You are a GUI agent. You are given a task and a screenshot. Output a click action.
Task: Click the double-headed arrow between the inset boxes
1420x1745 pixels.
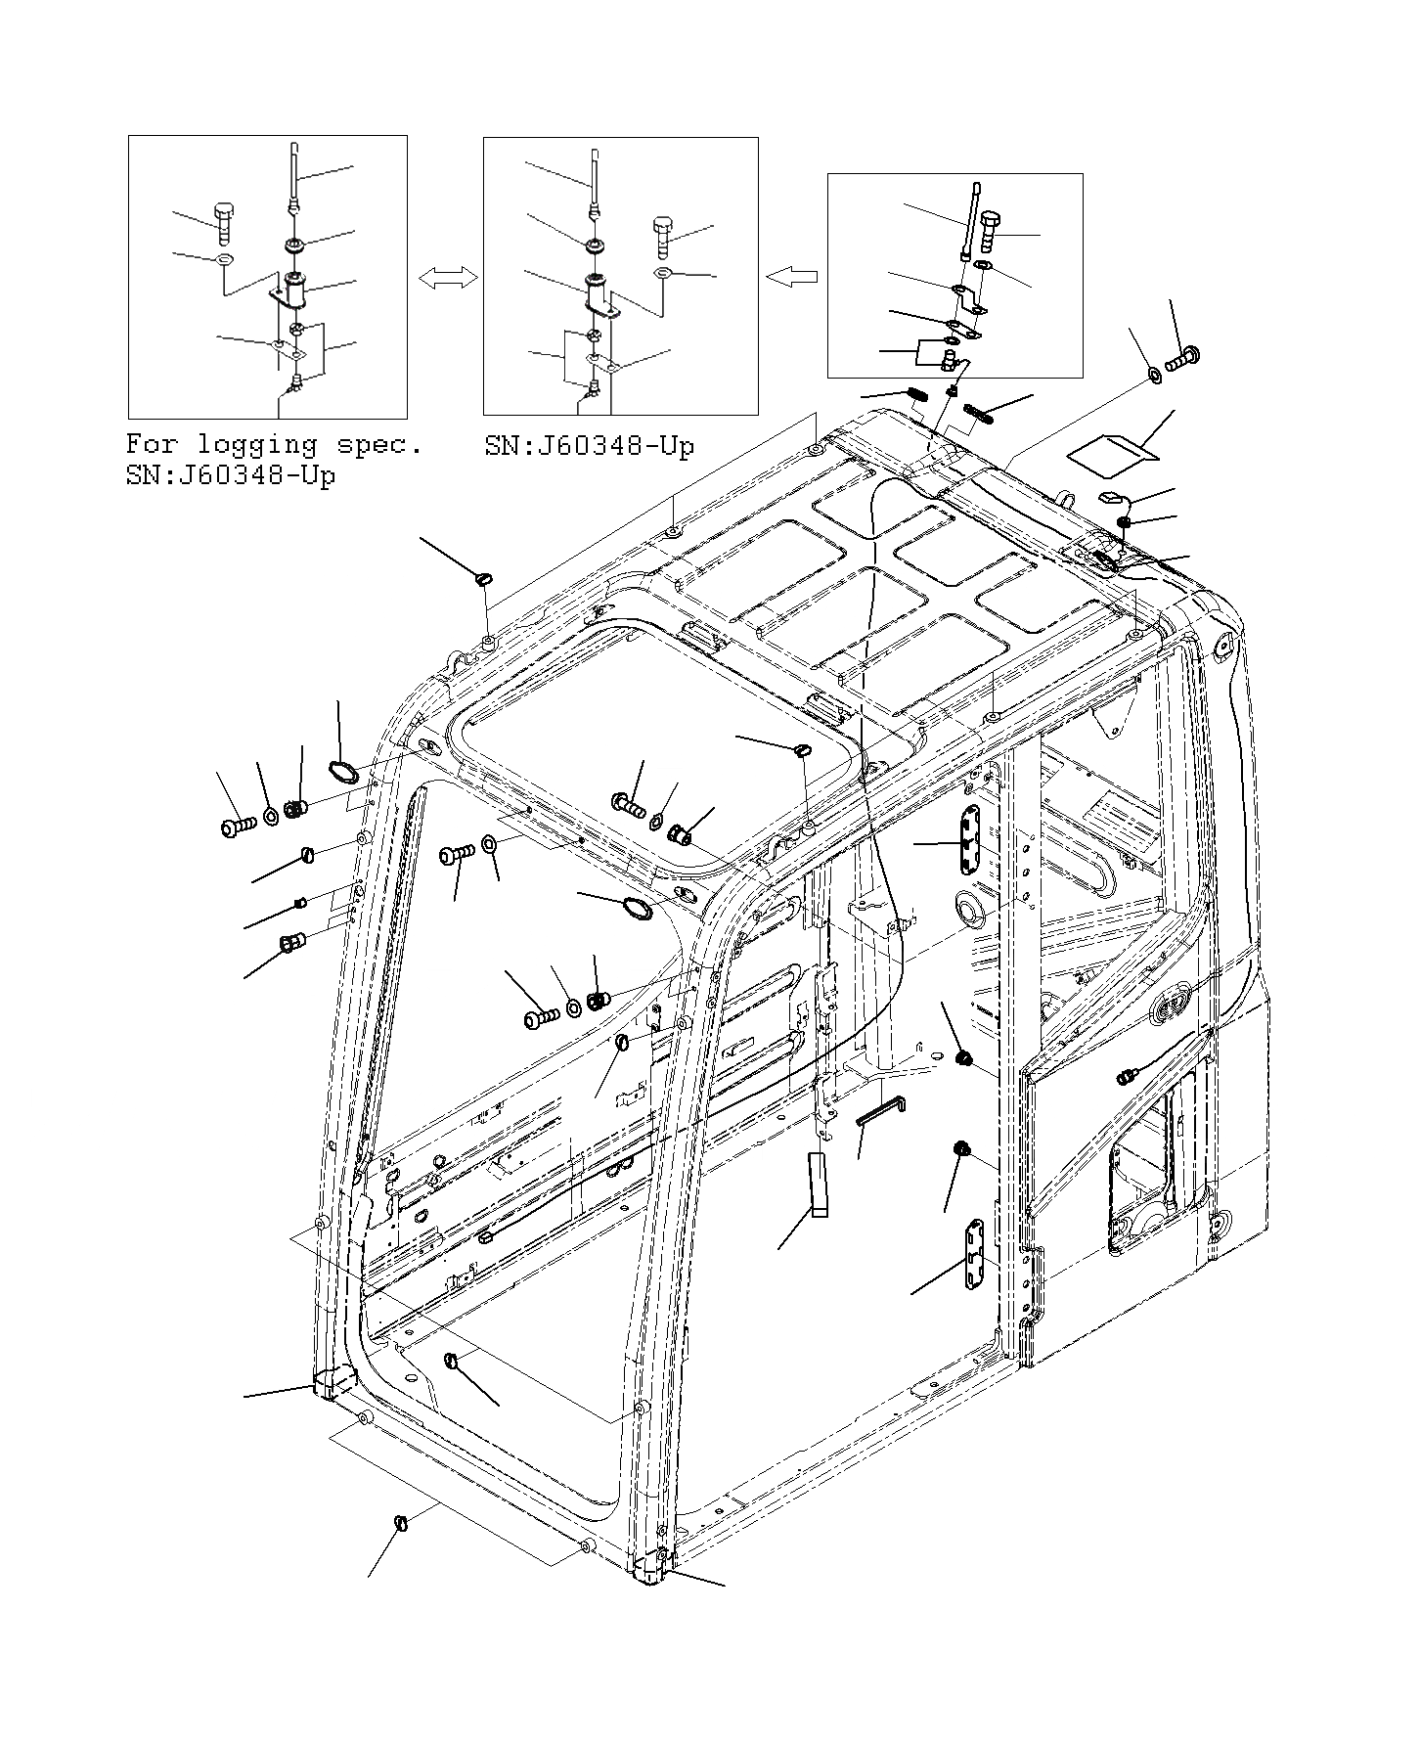[449, 279]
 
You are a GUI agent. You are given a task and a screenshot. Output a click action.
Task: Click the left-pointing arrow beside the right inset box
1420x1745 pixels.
[791, 278]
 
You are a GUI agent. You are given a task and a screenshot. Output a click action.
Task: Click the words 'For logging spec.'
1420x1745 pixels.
[274, 445]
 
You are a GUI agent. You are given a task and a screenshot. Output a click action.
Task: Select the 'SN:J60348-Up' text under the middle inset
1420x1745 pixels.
[589, 447]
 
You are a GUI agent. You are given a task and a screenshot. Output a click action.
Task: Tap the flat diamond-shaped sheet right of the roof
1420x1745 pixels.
[1112, 451]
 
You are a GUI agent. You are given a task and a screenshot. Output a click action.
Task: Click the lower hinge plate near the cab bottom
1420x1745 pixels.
[974, 1255]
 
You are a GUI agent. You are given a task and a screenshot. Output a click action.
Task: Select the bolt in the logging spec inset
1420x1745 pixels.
[222, 224]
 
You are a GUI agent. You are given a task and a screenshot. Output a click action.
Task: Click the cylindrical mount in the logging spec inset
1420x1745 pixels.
[295, 290]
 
